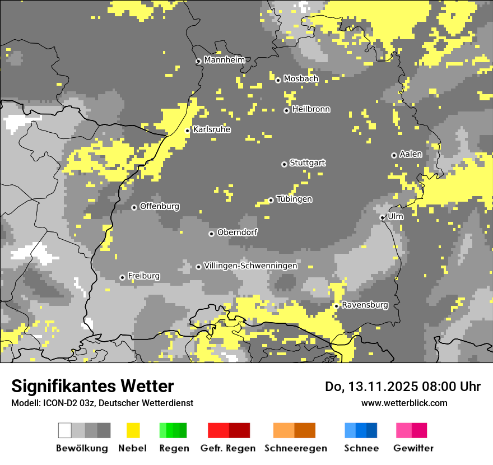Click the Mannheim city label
224,60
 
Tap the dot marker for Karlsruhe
188,131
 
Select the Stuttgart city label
308,163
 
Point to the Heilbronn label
311,109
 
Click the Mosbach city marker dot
278,80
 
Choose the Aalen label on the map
411,154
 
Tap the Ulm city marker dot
382,217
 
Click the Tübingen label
294,199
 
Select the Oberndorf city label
238,232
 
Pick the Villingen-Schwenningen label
250,266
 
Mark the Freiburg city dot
122,277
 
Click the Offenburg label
160,206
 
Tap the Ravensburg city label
365,305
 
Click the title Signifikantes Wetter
92,386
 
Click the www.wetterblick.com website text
404,403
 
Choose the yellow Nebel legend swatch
133,430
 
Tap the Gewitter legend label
413,448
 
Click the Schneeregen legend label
296,448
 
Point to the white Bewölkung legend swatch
65,430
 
